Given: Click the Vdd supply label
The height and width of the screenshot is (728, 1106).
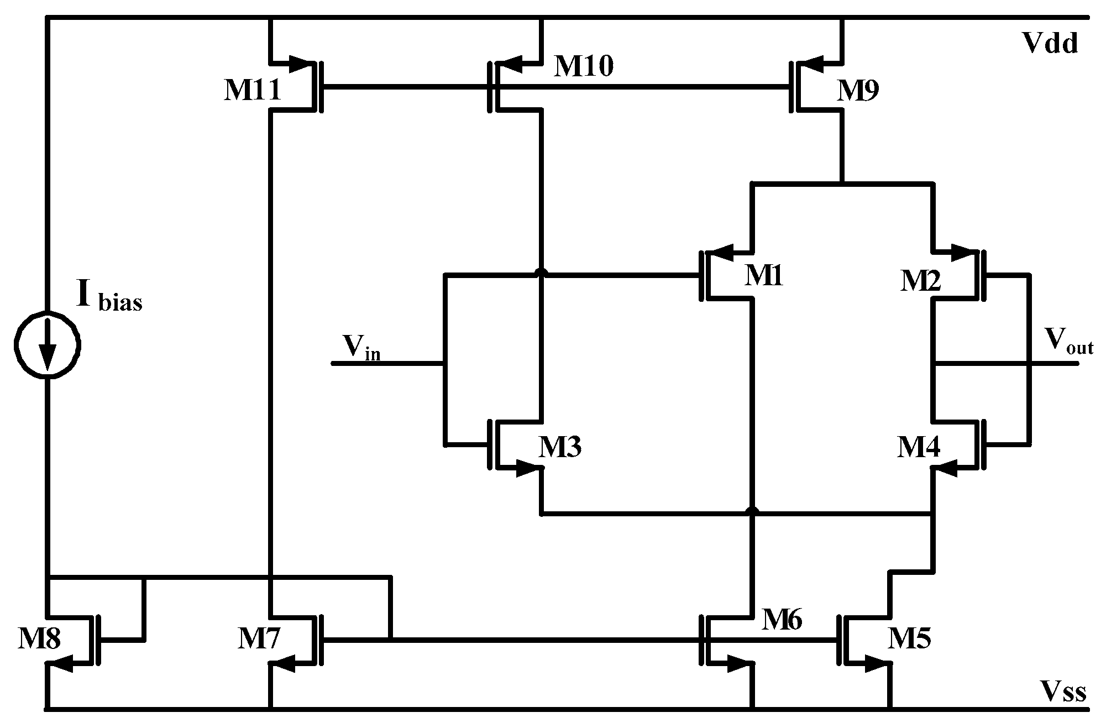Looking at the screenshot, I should [x=1050, y=43].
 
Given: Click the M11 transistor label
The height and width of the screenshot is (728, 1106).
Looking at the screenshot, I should [x=252, y=91].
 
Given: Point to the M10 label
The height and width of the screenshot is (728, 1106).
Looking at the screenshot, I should [x=583, y=67].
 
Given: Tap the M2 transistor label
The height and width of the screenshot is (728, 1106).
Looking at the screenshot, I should [x=920, y=281].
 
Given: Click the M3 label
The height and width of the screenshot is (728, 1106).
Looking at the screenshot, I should [x=560, y=447].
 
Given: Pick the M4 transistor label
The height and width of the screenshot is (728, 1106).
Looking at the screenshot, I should [x=918, y=447].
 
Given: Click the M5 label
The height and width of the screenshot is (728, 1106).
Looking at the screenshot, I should [x=909, y=638].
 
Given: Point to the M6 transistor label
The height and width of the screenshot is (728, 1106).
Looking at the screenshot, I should [x=782, y=620].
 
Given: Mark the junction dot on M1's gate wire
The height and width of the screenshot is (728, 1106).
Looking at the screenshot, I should [x=541, y=274].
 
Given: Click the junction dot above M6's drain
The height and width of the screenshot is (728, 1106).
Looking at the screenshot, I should [x=751, y=511].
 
